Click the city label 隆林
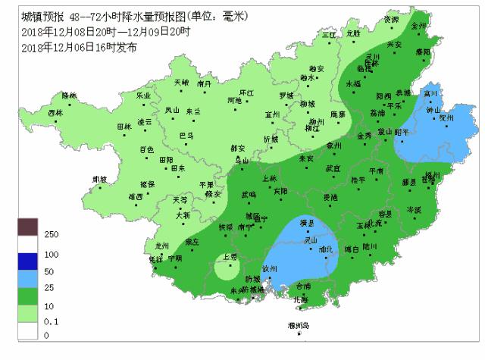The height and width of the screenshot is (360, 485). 70,95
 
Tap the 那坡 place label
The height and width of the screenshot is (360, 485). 99,179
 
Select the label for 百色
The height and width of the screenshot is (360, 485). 146,149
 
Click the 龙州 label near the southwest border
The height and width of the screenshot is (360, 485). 161,246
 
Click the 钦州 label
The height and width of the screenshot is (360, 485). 270,268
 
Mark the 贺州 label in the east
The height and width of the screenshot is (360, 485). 446,118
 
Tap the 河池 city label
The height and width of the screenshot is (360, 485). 233,100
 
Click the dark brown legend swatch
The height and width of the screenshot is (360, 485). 28,227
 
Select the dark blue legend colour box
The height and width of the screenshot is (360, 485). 28,261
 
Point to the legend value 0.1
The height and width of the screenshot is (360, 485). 52,321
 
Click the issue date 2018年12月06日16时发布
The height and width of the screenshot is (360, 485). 80,47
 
